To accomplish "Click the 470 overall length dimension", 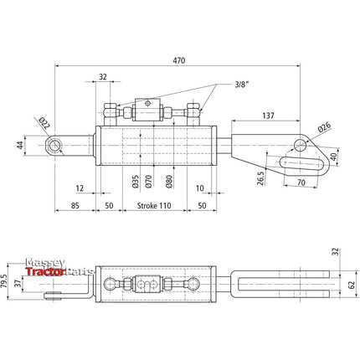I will pyautogui.click(x=179, y=60).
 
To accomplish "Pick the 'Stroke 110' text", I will pyautogui.click(x=148, y=205).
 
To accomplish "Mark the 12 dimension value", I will pyautogui.click(x=78, y=188).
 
